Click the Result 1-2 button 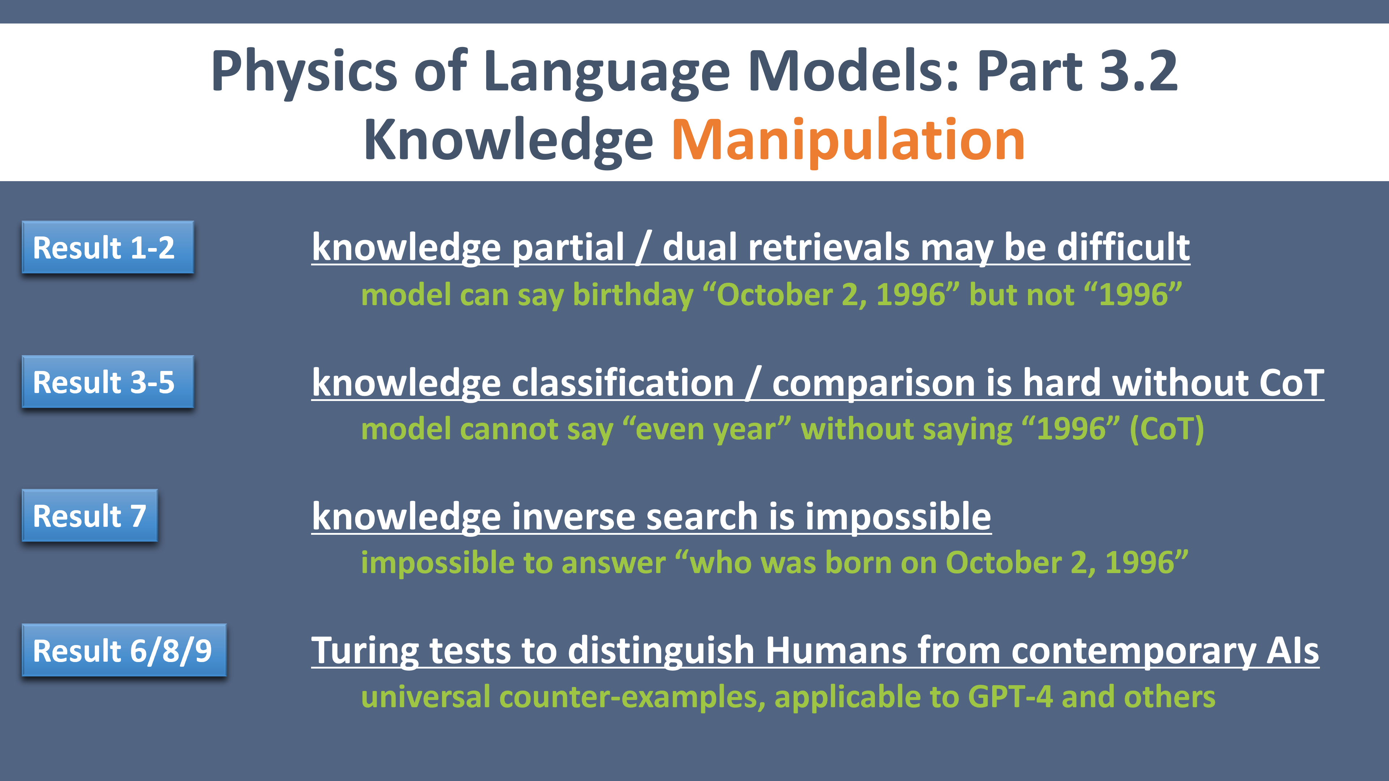[x=108, y=247]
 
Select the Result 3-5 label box [x=108, y=381]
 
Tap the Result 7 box [x=89, y=515]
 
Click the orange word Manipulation [x=848, y=141]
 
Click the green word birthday [x=633, y=295]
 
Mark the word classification [x=623, y=383]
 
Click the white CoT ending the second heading [x=1291, y=383]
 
